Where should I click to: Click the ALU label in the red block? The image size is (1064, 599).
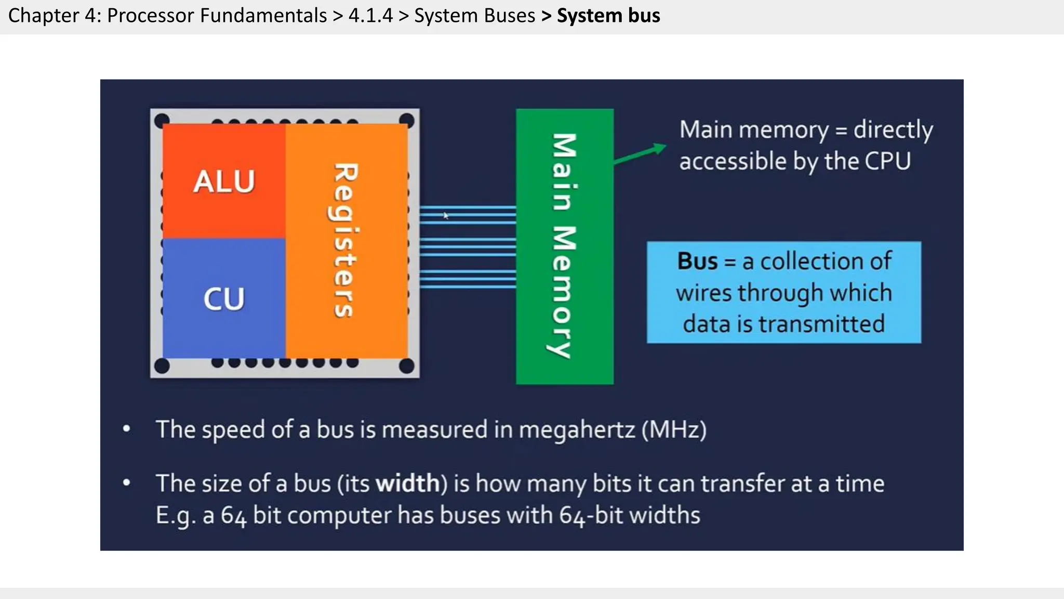pyautogui.click(x=224, y=181)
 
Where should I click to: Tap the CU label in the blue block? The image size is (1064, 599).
pyautogui.click(x=224, y=299)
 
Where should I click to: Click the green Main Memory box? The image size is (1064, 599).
pyautogui.click(x=564, y=246)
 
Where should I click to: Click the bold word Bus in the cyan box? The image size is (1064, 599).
pyautogui.click(x=697, y=261)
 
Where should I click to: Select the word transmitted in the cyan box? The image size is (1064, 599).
pyautogui.click(x=821, y=324)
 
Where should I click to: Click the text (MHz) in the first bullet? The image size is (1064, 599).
pyautogui.click(x=674, y=430)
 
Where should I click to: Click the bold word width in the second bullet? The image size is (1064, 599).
pyautogui.click(x=408, y=484)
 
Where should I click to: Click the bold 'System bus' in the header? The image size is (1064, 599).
pyautogui.click(x=608, y=16)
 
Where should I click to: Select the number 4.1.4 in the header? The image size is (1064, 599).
pyautogui.click(x=370, y=16)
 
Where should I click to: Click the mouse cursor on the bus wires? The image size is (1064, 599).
pyautogui.click(x=445, y=215)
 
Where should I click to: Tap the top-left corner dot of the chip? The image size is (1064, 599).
pyautogui.click(x=162, y=120)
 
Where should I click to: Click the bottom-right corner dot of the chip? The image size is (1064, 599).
pyautogui.click(x=406, y=366)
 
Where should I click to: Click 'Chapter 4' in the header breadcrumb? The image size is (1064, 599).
pyautogui.click(x=54, y=16)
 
